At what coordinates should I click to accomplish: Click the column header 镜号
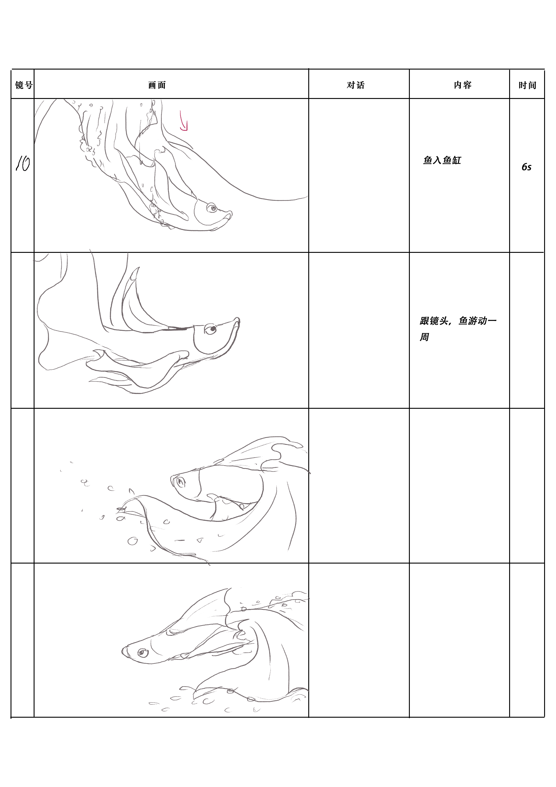24,85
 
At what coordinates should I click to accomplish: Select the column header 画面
157,85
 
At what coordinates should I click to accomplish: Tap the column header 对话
356,85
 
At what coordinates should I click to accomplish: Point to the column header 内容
463,85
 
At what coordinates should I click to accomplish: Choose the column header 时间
527,85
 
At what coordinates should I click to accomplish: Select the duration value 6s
527,167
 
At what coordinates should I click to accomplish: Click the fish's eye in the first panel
211,207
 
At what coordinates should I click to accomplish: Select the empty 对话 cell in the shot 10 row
359,175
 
